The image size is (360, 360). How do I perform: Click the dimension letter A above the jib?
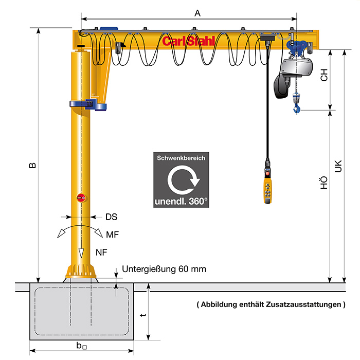click(197, 13)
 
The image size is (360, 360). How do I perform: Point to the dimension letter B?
click(33, 166)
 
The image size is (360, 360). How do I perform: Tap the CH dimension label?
click(324, 75)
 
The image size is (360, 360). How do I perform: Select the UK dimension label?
click(338, 166)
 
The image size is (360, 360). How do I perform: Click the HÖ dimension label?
click(323, 183)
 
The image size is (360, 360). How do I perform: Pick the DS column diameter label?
click(112, 217)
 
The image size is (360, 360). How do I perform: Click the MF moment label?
click(113, 235)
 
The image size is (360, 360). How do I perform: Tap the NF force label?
click(101, 253)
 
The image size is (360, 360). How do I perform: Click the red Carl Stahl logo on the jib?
click(189, 41)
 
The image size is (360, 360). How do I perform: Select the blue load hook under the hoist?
click(297, 107)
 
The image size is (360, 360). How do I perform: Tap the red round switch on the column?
click(81, 197)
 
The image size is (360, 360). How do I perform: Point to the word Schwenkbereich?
click(181, 158)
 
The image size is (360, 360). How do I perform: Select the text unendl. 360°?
click(181, 202)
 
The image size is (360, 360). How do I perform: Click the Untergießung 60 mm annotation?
click(164, 269)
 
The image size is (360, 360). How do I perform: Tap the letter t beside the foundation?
click(143, 315)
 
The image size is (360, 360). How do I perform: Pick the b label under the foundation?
click(81, 346)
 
